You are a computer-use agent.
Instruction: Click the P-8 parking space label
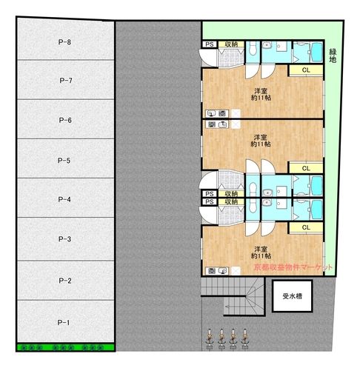pos(64,42)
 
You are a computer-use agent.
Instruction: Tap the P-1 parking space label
pos(64,323)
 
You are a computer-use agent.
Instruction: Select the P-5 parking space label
pos(64,161)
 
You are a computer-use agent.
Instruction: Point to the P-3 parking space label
pos(64,239)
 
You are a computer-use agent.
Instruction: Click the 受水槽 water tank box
pos(293,296)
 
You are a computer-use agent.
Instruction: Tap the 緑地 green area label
pos(333,56)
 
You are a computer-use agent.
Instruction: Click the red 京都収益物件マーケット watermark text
pos(293,267)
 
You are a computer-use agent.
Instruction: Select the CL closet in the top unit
pos(306,70)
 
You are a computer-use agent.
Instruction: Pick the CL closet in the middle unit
pos(306,168)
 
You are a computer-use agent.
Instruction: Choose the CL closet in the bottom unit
pos(306,227)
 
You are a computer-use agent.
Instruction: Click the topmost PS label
pos(210,44)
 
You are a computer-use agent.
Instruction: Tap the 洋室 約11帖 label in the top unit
pos(261,94)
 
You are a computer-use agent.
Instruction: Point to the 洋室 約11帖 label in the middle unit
pos(261,141)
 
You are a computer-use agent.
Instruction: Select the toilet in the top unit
pos(253,49)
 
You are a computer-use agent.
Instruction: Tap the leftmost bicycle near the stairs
pos(210,339)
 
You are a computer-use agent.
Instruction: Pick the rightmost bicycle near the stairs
pos(244,339)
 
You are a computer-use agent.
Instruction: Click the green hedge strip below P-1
pos(65,347)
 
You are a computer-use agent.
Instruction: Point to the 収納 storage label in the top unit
pos(231,44)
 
